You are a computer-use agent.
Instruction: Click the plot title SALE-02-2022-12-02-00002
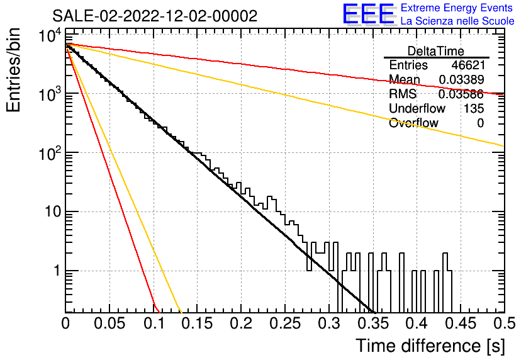pos(155,16)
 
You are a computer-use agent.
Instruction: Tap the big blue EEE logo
pos(369,14)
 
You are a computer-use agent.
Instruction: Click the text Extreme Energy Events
pos(457,8)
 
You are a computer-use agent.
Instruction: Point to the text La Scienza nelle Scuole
pos(457,21)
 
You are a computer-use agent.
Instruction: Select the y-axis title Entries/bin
pos(13,70)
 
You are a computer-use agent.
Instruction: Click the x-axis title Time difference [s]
pos(430,346)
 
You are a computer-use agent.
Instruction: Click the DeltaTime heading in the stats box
pos(436,51)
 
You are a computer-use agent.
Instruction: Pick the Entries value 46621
pos(468,65)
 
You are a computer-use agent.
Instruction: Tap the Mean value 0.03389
pos(461,79)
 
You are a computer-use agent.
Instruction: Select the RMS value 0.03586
pos(461,94)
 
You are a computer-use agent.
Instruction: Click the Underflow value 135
pos(474,108)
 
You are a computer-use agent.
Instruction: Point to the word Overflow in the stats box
pos(413,123)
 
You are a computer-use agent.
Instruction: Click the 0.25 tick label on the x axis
pos(286,323)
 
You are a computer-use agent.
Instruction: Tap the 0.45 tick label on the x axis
pos(461,323)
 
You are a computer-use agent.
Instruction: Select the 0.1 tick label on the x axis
pos(154,323)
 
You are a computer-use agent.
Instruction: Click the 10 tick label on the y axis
pos(53,211)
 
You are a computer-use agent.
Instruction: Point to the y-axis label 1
pos(58,271)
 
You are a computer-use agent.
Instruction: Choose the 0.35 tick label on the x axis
pos(373,323)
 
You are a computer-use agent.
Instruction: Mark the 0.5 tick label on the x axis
pos(505,323)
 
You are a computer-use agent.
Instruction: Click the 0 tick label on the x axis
pos(65,323)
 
